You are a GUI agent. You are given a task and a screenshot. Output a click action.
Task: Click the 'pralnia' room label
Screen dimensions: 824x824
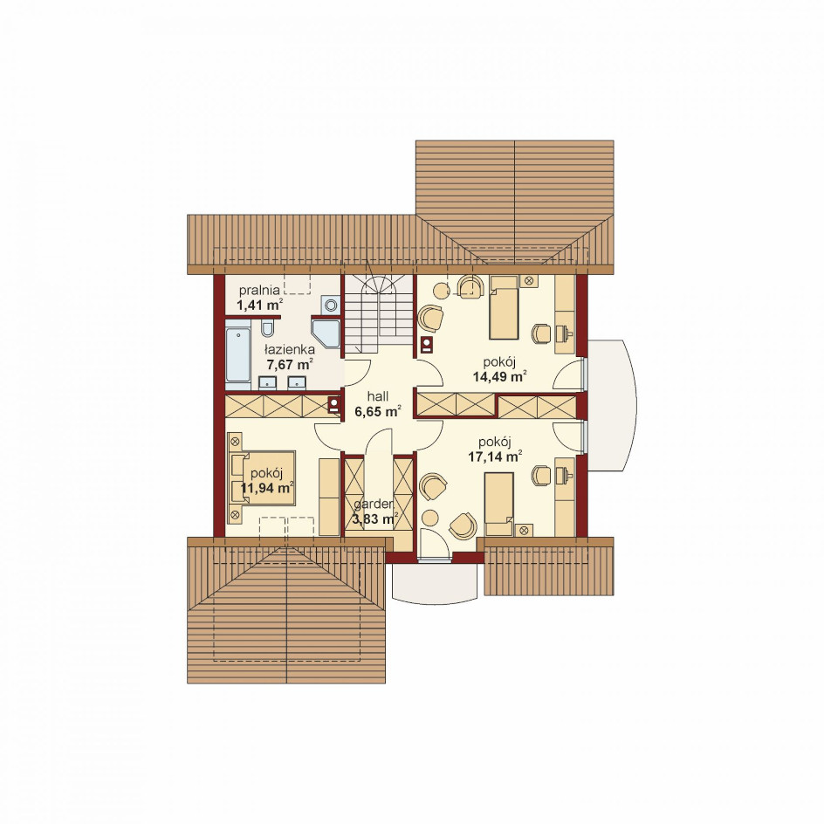(x=259, y=290)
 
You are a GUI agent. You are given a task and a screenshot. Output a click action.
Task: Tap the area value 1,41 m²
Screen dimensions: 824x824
(x=259, y=305)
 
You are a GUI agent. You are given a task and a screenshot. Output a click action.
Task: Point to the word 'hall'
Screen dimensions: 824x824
(x=378, y=396)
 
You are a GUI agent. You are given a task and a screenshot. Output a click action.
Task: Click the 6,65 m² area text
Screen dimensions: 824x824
(x=378, y=411)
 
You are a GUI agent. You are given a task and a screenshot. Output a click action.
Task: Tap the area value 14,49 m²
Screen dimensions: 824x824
(x=500, y=376)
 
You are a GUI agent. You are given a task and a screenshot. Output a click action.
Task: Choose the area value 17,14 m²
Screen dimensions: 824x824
(x=495, y=457)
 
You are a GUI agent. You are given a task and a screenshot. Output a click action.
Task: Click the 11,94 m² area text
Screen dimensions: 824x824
(x=267, y=488)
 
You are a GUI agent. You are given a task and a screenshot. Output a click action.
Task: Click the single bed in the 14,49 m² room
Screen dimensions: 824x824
(x=504, y=307)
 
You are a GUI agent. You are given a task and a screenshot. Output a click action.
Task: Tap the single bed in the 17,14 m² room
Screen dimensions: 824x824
(x=498, y=503)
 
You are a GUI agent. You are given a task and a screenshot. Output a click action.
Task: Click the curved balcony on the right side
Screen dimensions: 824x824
(x=612, y=405)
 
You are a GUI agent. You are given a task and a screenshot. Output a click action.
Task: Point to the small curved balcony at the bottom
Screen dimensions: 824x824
(x=435, y=582)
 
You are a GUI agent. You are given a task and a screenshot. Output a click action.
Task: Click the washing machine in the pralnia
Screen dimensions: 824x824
(x=330, y=305)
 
